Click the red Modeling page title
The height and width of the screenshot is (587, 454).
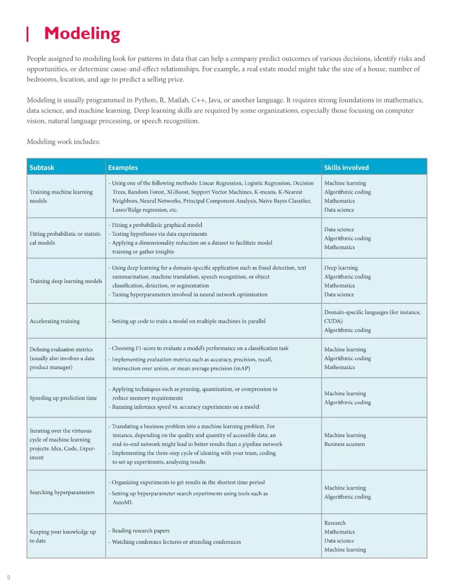coord(82,34)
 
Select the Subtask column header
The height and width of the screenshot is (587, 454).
coord(42,168)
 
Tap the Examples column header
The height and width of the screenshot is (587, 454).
coord(123,168)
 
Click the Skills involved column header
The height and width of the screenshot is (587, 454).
coord(346,168)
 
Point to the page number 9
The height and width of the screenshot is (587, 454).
coord(8,577)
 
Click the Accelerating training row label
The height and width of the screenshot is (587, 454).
coord(55,321)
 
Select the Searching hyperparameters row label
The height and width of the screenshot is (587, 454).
coord(62,492)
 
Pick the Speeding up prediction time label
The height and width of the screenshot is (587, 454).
coord(63,398)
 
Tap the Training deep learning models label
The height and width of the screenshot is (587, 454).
coord(66,281)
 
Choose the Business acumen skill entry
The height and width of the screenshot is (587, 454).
coord(344,444)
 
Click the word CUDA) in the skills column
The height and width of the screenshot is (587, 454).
coord(333,321)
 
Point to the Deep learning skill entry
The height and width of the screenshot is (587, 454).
coord(341,268)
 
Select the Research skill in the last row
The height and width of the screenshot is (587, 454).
coord(335,523)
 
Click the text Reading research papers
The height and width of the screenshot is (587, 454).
coord(140,531)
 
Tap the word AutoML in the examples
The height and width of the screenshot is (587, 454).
coord(122,503)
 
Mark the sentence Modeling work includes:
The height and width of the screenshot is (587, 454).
coord(63,142)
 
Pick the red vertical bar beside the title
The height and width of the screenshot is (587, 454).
coord(28,34)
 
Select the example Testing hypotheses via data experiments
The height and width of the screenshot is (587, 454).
coord(159,234)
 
